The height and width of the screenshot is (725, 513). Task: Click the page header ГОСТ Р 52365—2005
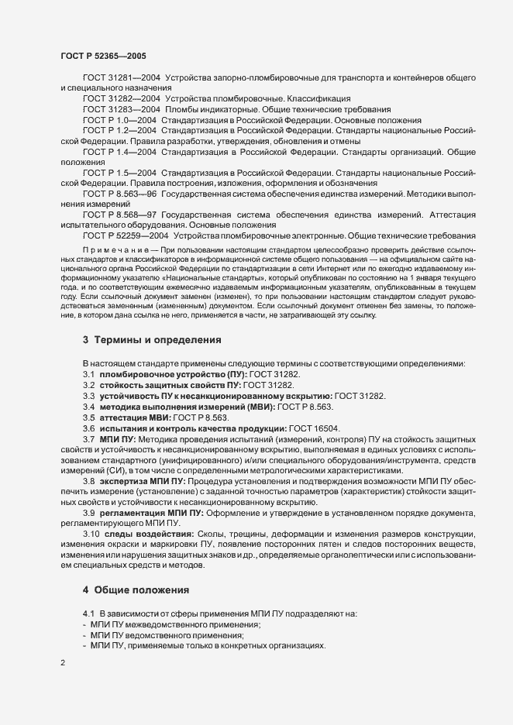coord(102,56)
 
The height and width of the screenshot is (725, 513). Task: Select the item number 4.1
coord(88,613)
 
